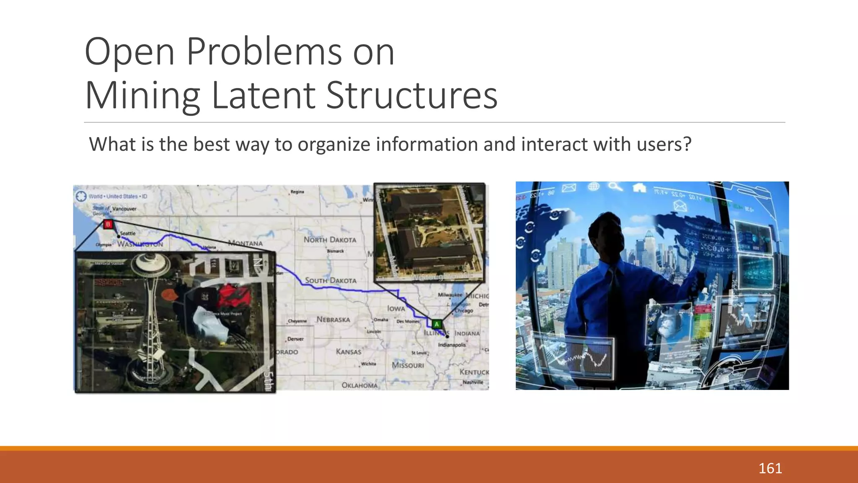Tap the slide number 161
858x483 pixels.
pos(770,468)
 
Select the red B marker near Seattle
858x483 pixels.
pos(108,224)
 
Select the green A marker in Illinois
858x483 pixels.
pos(437,324)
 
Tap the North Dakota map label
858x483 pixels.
pos(330,240)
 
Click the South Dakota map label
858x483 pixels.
pos(331,280)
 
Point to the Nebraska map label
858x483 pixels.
pos(333,319)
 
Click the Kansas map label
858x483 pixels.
pos(348,352)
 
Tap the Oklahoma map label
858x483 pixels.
pos(359,385)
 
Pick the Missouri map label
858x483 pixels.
pos(408,365)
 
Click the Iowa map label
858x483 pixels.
pos(396,309)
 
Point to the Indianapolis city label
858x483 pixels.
pos(452,345)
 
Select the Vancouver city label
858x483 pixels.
pos(124,209)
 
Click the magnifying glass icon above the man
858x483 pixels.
pos(615,186)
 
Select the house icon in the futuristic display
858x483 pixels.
pos(639,187)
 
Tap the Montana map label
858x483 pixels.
pos(246,243)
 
